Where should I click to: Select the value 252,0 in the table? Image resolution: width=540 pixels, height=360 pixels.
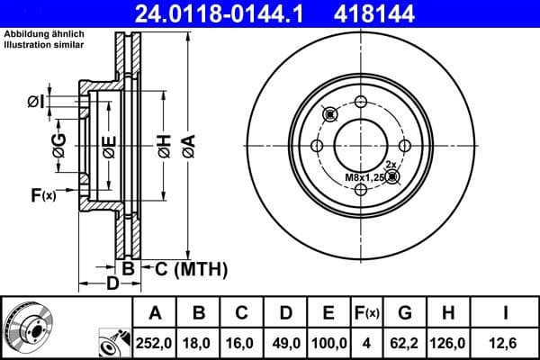(155, 343)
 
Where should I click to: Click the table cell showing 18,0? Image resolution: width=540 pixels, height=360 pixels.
(199, 343)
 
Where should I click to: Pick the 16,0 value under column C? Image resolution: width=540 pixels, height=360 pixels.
(242, 343)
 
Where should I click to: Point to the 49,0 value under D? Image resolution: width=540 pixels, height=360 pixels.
(285, 343)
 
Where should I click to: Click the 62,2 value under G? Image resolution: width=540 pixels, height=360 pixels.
(407, 343)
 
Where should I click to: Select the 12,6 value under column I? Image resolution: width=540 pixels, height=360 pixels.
(506, 343)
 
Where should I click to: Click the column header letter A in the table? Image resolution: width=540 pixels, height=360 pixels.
(155, 314)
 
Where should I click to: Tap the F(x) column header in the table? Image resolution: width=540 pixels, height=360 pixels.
(368, 314)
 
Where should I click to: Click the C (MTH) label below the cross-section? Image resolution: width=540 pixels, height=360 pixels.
(186, 269)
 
